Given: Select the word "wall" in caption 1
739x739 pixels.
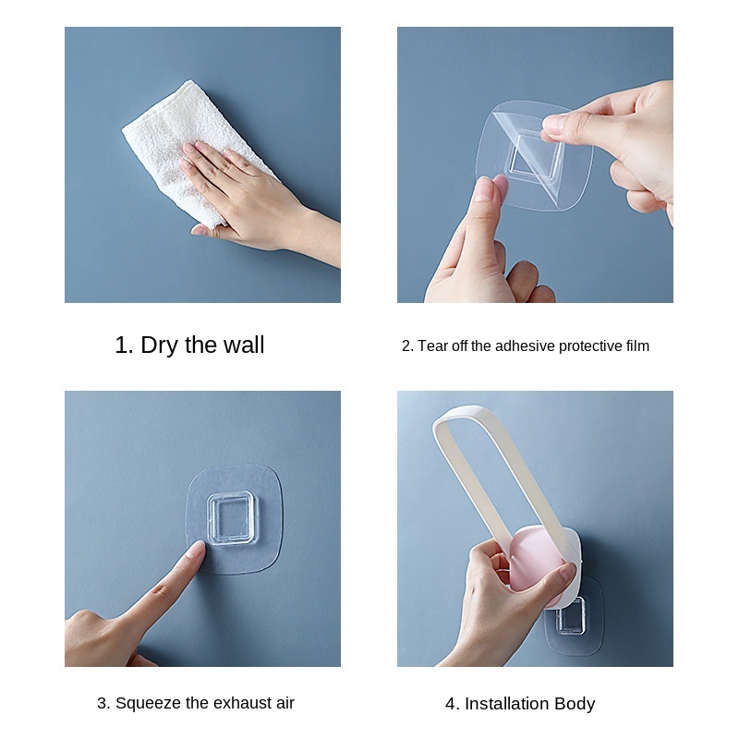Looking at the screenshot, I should click(243, 345).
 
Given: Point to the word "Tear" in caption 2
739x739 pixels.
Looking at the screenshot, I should click(433, 346).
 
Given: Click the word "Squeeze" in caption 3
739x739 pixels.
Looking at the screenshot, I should click(144, 703).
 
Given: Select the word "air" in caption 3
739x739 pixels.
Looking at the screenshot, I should click(283, 703).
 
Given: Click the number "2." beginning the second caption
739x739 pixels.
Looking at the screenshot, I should click(407, 346).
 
